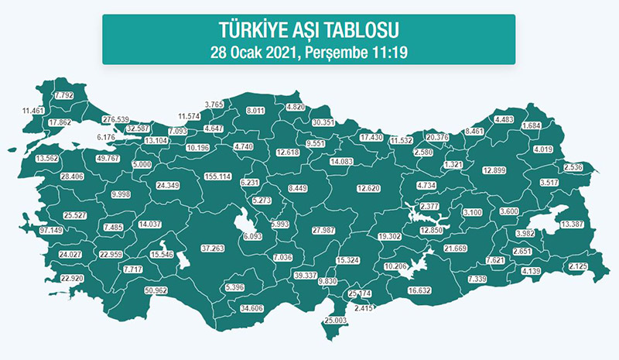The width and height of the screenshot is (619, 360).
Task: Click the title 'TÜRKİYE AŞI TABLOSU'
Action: tap(308, 32)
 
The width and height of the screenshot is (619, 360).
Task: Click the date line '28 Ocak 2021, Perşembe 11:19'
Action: tap(308, 53)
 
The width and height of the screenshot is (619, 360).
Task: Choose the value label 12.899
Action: tap(498, 170)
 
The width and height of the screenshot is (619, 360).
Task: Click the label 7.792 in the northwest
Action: tap(63, 95)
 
